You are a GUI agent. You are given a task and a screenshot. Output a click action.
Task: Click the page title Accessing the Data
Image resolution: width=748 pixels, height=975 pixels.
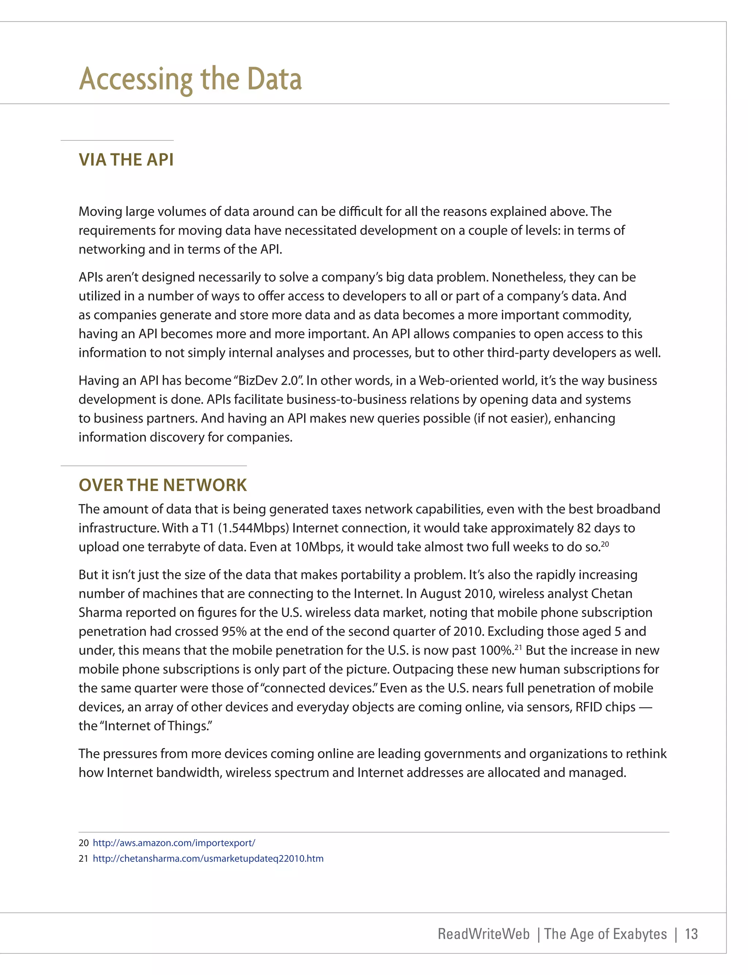[x=191, y=79]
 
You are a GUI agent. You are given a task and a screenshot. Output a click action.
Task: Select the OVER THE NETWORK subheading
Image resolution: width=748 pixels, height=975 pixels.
[x=163, y=485]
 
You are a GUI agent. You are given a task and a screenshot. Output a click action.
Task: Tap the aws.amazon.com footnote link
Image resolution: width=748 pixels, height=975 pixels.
[x=173, y=843]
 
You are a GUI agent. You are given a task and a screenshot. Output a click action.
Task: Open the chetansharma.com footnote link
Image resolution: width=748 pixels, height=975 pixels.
[x=208, y=858]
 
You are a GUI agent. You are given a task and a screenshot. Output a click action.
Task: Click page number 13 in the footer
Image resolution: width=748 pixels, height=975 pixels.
[x=691, y=934]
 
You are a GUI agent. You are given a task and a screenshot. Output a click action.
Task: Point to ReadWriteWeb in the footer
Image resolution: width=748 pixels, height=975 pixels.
[x=484, y=934]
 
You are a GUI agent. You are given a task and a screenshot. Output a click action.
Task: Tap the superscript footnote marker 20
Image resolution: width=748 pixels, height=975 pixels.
[x=604, y=544]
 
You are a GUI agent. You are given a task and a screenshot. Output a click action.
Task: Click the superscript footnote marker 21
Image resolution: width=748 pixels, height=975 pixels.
[x=518, y=647]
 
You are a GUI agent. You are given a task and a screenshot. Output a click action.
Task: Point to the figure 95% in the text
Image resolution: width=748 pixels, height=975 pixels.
[x=234, y=631]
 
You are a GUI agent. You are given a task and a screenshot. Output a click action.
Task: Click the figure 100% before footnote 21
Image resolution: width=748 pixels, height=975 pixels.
[x=496, y=651]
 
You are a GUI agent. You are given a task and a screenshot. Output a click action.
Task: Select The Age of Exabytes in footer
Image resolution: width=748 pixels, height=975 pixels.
[x=605, y=934]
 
